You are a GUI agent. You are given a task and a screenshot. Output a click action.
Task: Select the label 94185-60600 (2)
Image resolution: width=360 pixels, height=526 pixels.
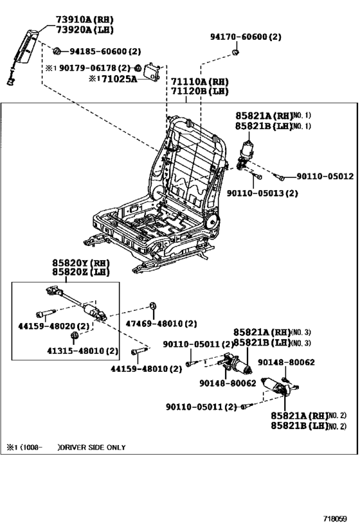pos(105,51)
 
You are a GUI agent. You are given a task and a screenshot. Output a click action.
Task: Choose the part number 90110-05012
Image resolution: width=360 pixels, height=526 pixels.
pos(325,176)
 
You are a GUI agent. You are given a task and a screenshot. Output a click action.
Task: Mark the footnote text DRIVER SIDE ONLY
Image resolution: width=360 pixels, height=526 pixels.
pos(93,447)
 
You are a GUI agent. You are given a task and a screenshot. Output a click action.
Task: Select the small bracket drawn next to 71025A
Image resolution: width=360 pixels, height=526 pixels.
pos(152,72)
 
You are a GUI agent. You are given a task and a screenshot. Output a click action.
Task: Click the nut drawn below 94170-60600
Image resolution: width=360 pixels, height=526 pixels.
pos(236,51)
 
